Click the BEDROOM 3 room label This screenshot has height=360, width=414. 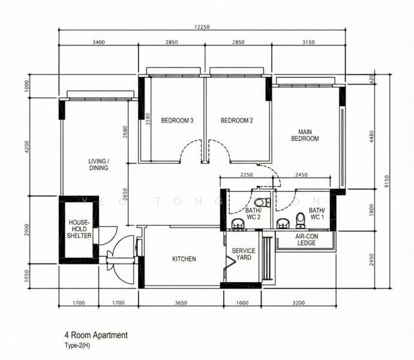coord(177,121)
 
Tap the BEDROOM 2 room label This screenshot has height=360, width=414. coord(237,121)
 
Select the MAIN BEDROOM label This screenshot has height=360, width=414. coord(305,135)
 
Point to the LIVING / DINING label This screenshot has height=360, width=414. coord(98,165)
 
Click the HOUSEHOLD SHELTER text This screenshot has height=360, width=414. coord(80,229)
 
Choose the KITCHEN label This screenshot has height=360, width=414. coord(184,259)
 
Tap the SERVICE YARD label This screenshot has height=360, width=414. coord(244,255)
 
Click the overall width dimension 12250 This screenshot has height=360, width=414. coord(202,27)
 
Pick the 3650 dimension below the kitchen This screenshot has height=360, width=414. coord(181,303)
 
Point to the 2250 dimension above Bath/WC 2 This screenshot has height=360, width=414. coord(245,175)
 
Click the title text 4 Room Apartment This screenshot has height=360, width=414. coord(96,335)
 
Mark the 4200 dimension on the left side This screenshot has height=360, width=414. coord(27,147)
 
